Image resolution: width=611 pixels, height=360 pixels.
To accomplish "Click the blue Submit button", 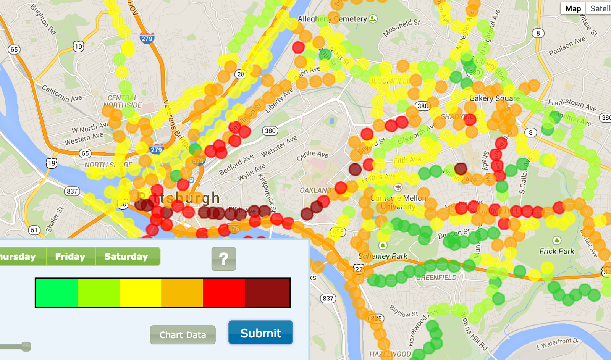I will pos(260,333).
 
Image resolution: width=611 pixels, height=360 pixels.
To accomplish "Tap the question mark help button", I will pos(224,259).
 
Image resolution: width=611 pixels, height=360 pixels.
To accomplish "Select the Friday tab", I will pos(70,256).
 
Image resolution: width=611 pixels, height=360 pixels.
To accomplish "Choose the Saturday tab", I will pos(126,256).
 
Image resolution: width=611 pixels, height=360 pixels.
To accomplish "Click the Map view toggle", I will pos(573,8).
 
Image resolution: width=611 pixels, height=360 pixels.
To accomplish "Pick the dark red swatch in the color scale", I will pos(267,292).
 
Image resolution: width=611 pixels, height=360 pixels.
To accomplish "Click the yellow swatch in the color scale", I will pos(140,292).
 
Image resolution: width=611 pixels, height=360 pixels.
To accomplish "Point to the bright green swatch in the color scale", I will pos(57,292).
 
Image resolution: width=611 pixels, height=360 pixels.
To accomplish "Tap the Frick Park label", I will pos(557,251).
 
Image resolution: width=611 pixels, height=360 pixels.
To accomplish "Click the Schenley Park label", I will pos(383,256).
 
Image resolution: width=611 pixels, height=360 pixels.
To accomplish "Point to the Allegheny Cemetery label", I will pos(332,19).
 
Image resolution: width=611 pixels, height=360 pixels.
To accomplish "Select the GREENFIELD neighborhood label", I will pos(436,278).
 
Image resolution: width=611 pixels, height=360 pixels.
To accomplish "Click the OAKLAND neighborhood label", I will pos(315,190).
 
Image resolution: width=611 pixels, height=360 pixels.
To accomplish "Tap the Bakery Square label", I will pos(495,98).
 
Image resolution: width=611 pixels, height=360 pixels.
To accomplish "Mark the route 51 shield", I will pos(34,230).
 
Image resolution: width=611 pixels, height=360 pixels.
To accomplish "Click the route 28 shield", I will pos(241,74).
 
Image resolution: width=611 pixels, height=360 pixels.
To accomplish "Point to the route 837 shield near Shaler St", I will pos(72,191).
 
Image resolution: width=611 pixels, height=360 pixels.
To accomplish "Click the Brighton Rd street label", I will pos(44,19).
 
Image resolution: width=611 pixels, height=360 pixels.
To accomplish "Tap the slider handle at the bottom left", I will pos(26,346).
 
